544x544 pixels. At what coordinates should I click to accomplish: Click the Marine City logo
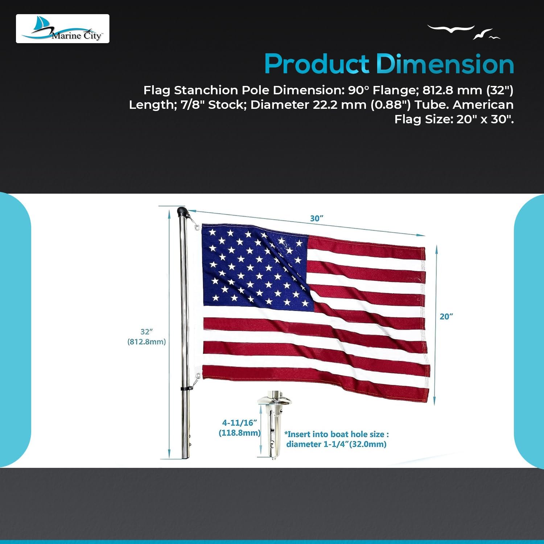[x=62, y=29]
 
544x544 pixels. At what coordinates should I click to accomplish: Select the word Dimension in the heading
[x=445, y=64]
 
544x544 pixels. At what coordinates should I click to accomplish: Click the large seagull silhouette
[x=451, y=29]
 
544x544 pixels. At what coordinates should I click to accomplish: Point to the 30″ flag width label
[x=316, y=218]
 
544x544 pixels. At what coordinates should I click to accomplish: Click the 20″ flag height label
[x=446, y=317]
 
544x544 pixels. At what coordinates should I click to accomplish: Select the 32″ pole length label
[x=146, y=331]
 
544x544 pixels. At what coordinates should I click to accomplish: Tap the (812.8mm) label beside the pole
[x=147, y=342]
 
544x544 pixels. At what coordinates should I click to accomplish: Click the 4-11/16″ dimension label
[x=239, y=423]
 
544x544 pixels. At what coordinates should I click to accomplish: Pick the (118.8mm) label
[x=240, y=433]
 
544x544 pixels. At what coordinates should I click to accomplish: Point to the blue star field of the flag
[x=256, y=267]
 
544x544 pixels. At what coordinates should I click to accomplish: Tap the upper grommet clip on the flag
[x=196, y=227]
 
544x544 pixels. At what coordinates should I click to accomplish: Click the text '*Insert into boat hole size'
[x=337, y=434]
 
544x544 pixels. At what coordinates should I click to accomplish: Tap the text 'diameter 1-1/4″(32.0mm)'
[x=336, y=444]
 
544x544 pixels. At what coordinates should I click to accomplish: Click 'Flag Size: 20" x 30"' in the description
[x=454, y=119]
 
